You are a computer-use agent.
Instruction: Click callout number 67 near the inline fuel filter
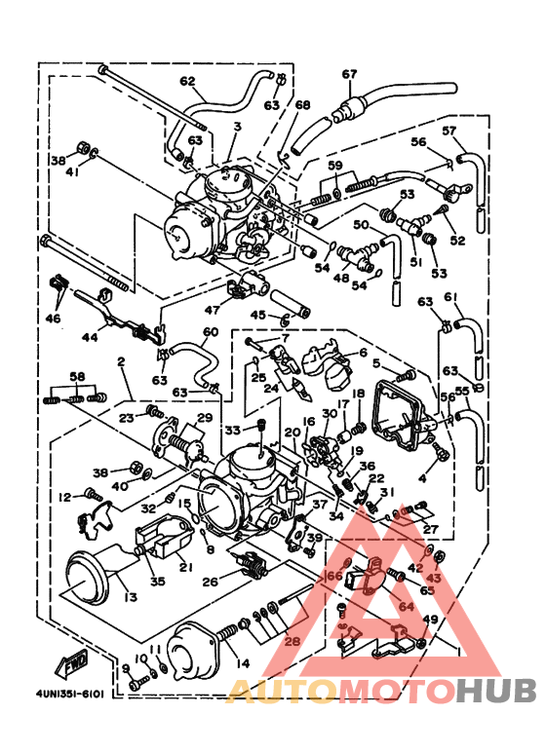point(349,74)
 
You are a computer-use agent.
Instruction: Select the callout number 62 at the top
point(187,81)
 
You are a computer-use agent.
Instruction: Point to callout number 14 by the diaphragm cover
point(244,664)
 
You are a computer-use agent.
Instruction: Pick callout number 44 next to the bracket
point(89,336)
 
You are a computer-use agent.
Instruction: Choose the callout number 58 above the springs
point(78,376)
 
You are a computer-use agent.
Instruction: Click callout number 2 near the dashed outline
point(121,362)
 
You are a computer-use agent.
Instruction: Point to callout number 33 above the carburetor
point(233,430)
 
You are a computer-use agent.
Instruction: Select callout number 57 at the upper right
point(449,131)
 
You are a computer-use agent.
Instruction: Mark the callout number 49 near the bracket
point(429,619)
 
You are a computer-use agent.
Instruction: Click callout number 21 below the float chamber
point(185,565)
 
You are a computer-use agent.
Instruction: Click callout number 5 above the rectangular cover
point(374,363)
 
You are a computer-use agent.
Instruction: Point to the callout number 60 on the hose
point(210,332)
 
